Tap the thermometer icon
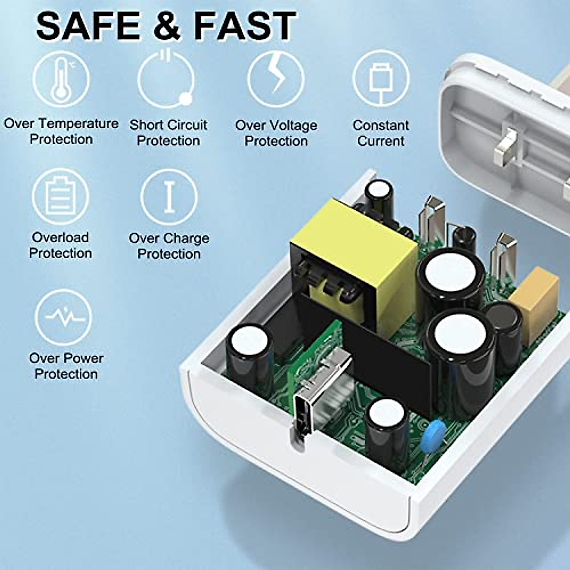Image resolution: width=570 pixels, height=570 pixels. point(61,78)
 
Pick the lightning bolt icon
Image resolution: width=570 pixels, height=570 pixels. point(276,79)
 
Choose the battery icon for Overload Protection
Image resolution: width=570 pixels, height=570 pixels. point(60,196)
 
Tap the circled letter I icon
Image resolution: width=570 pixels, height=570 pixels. point(169,197)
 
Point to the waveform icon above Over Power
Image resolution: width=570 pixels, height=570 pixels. point(63,317)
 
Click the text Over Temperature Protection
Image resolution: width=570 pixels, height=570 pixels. point(61,132)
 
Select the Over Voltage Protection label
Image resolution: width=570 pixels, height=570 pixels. point(276,133)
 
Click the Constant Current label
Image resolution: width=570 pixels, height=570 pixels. point(380,133)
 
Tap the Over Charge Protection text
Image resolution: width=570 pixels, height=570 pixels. point(169,246)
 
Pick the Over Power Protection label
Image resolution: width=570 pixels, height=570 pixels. point(66,366)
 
